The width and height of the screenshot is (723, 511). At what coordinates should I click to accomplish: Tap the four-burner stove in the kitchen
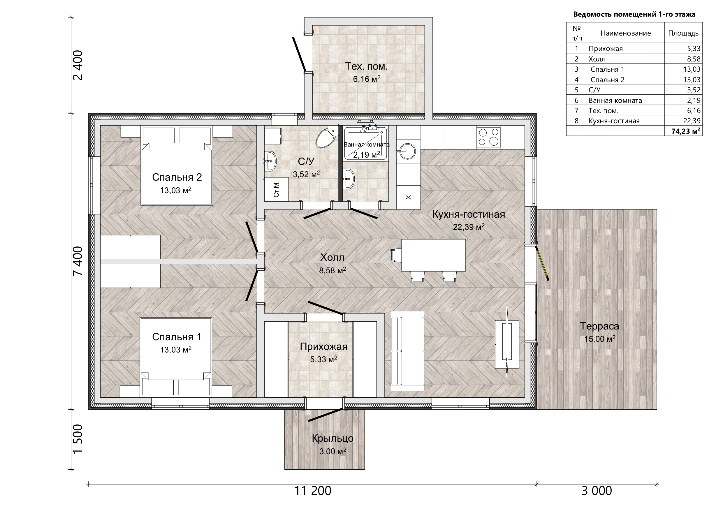coord(488,137)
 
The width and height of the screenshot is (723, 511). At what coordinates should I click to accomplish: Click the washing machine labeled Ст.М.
coord(277,189)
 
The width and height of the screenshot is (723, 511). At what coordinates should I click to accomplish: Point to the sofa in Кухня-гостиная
coord(407,351)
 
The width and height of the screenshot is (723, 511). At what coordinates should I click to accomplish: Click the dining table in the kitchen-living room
coord(433,255)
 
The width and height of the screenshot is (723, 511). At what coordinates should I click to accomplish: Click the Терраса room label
coord(599,326)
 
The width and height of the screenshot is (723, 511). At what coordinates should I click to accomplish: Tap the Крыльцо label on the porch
coord(333,438)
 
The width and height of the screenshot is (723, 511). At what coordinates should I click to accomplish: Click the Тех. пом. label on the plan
coord(366,66)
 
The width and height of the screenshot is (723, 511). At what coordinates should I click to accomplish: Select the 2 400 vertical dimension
coord(78,65)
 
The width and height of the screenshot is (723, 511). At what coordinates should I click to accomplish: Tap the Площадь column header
coord(683,33)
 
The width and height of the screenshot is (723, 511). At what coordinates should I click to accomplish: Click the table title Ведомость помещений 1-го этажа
coord(634,14)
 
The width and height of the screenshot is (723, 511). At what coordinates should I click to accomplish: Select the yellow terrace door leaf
coord(542,263)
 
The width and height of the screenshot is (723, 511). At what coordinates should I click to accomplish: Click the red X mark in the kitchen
coord(409,198)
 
